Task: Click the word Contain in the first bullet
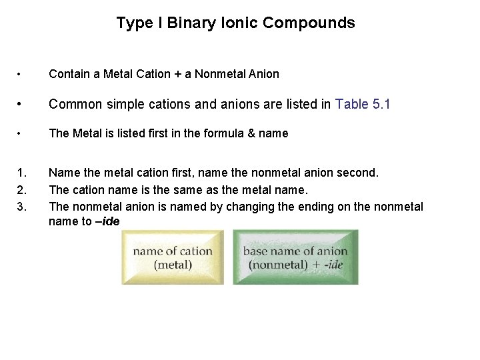click(x=67, y=74)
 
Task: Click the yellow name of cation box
click(x=173, y=257)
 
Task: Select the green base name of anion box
click(x=295, y=257)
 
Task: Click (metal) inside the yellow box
click(x=173, y=265)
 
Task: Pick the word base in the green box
click(x=255, y=251)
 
